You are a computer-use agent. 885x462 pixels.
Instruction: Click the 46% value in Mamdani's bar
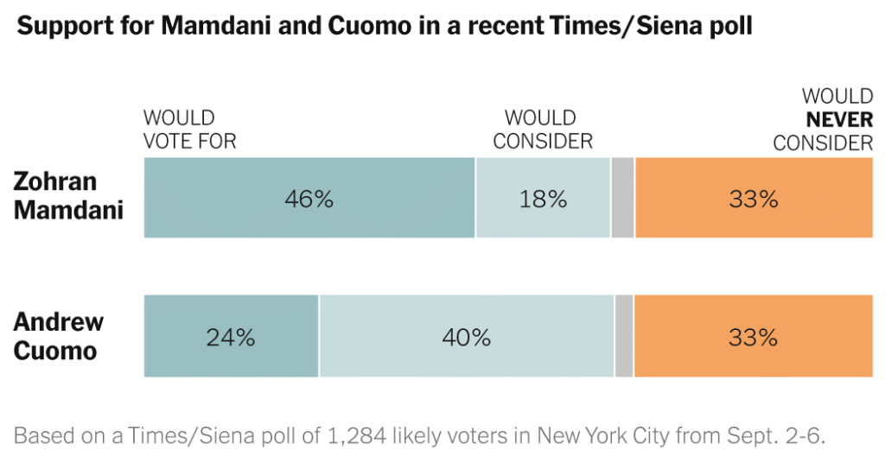pos(309,199)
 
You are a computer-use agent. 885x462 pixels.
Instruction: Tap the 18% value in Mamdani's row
pos(543,199)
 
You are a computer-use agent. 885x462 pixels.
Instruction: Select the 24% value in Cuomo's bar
pos(231,337)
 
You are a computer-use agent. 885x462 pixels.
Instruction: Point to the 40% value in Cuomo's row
pos(467,337)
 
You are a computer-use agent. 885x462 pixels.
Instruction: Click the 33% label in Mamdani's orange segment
pos(754,199)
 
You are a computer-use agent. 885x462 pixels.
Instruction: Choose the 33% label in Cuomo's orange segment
pos(754,337)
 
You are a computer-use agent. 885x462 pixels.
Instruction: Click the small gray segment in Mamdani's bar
pos(622,198)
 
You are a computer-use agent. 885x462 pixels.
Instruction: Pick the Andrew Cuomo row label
pos(59,336)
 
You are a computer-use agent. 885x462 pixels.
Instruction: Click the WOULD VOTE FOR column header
pos(189,130)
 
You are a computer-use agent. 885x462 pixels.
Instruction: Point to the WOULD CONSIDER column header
pos(543,130)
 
